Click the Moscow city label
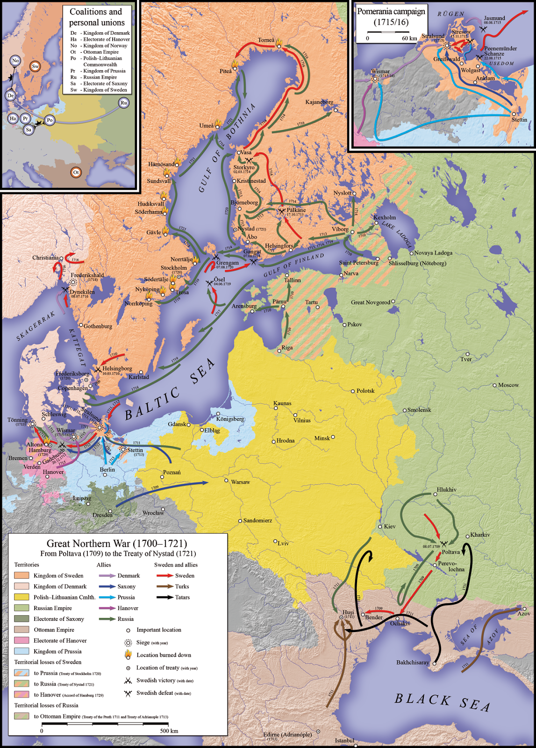508,385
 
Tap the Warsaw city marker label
240,482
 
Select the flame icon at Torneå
279,42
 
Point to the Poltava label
450,552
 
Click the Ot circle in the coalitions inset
76,173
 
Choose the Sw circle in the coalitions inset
35,66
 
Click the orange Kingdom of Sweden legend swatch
21,575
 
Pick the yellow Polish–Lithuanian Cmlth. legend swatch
21,597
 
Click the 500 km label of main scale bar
169,731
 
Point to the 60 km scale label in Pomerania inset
409,38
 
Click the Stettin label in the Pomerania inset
519,120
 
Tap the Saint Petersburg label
359,263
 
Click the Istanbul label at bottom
344,741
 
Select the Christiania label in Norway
45,258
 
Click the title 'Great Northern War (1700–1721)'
117,543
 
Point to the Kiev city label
390,526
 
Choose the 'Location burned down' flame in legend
128,654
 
